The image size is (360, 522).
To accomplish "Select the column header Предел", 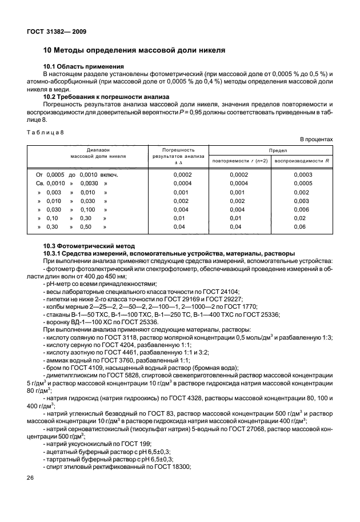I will tap(271, 148).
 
